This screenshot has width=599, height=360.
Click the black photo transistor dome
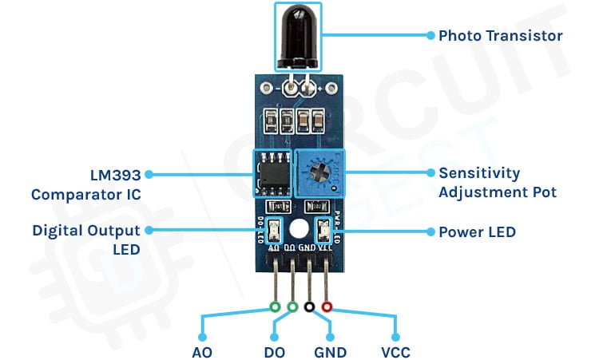point(298,36)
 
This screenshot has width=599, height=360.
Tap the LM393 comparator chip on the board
point(272,174)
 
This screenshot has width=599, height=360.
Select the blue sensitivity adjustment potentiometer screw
point(319,172)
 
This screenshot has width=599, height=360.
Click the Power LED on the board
point(324,230)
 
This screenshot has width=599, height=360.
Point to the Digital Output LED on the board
point(274,230)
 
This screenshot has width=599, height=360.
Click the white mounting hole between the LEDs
point(299,229)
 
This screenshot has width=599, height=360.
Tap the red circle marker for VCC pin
point(327,307)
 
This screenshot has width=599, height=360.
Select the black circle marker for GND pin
point(309,307)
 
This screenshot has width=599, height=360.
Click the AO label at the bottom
point(202,352)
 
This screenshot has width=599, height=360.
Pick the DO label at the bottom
point(274,352)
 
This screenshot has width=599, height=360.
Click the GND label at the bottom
point(331,352)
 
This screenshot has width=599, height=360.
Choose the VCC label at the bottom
point(396,352)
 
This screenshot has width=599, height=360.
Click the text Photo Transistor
point(501,36)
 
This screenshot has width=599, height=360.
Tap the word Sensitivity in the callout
point(479,173)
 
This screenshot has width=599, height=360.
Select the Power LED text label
point(477,232)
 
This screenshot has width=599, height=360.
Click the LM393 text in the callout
point(115,176)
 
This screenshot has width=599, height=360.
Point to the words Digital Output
point(86,231)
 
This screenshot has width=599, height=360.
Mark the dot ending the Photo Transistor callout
point(430,35)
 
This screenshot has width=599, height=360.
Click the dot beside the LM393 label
point(149,175)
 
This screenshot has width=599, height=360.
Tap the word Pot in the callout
point(544,192)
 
